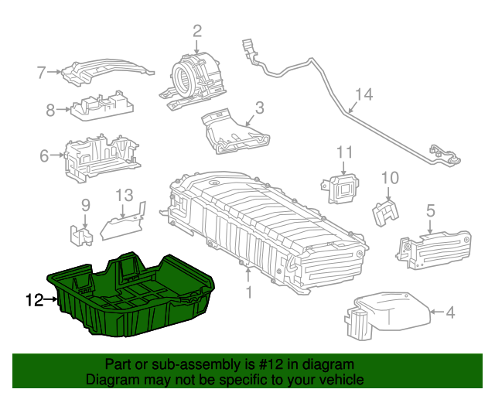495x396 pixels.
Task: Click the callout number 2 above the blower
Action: (196, 31)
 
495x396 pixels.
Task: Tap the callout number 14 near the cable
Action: (364, 94)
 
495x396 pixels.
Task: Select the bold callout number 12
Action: (34, 299)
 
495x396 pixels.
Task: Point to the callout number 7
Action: (41, 72)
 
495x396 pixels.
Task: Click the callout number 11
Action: (344, 152)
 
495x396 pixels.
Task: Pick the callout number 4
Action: (450, 312)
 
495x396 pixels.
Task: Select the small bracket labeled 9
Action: (80, 235)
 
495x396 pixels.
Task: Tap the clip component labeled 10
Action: (385, 213)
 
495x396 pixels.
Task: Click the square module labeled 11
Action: (340, 189)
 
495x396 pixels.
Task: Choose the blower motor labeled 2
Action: (193, 80)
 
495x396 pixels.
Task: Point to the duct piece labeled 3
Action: (235, 131)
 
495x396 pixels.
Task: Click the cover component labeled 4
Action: (387, 315)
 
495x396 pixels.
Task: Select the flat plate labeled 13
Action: (123, 223)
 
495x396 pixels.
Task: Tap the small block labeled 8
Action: (102, 105)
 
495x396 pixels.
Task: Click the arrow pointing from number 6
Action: (57, 155)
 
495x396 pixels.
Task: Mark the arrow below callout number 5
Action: (430, 227)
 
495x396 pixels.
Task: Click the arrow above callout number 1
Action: (248, 274)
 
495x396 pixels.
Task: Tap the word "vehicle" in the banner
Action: (345, 380)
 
